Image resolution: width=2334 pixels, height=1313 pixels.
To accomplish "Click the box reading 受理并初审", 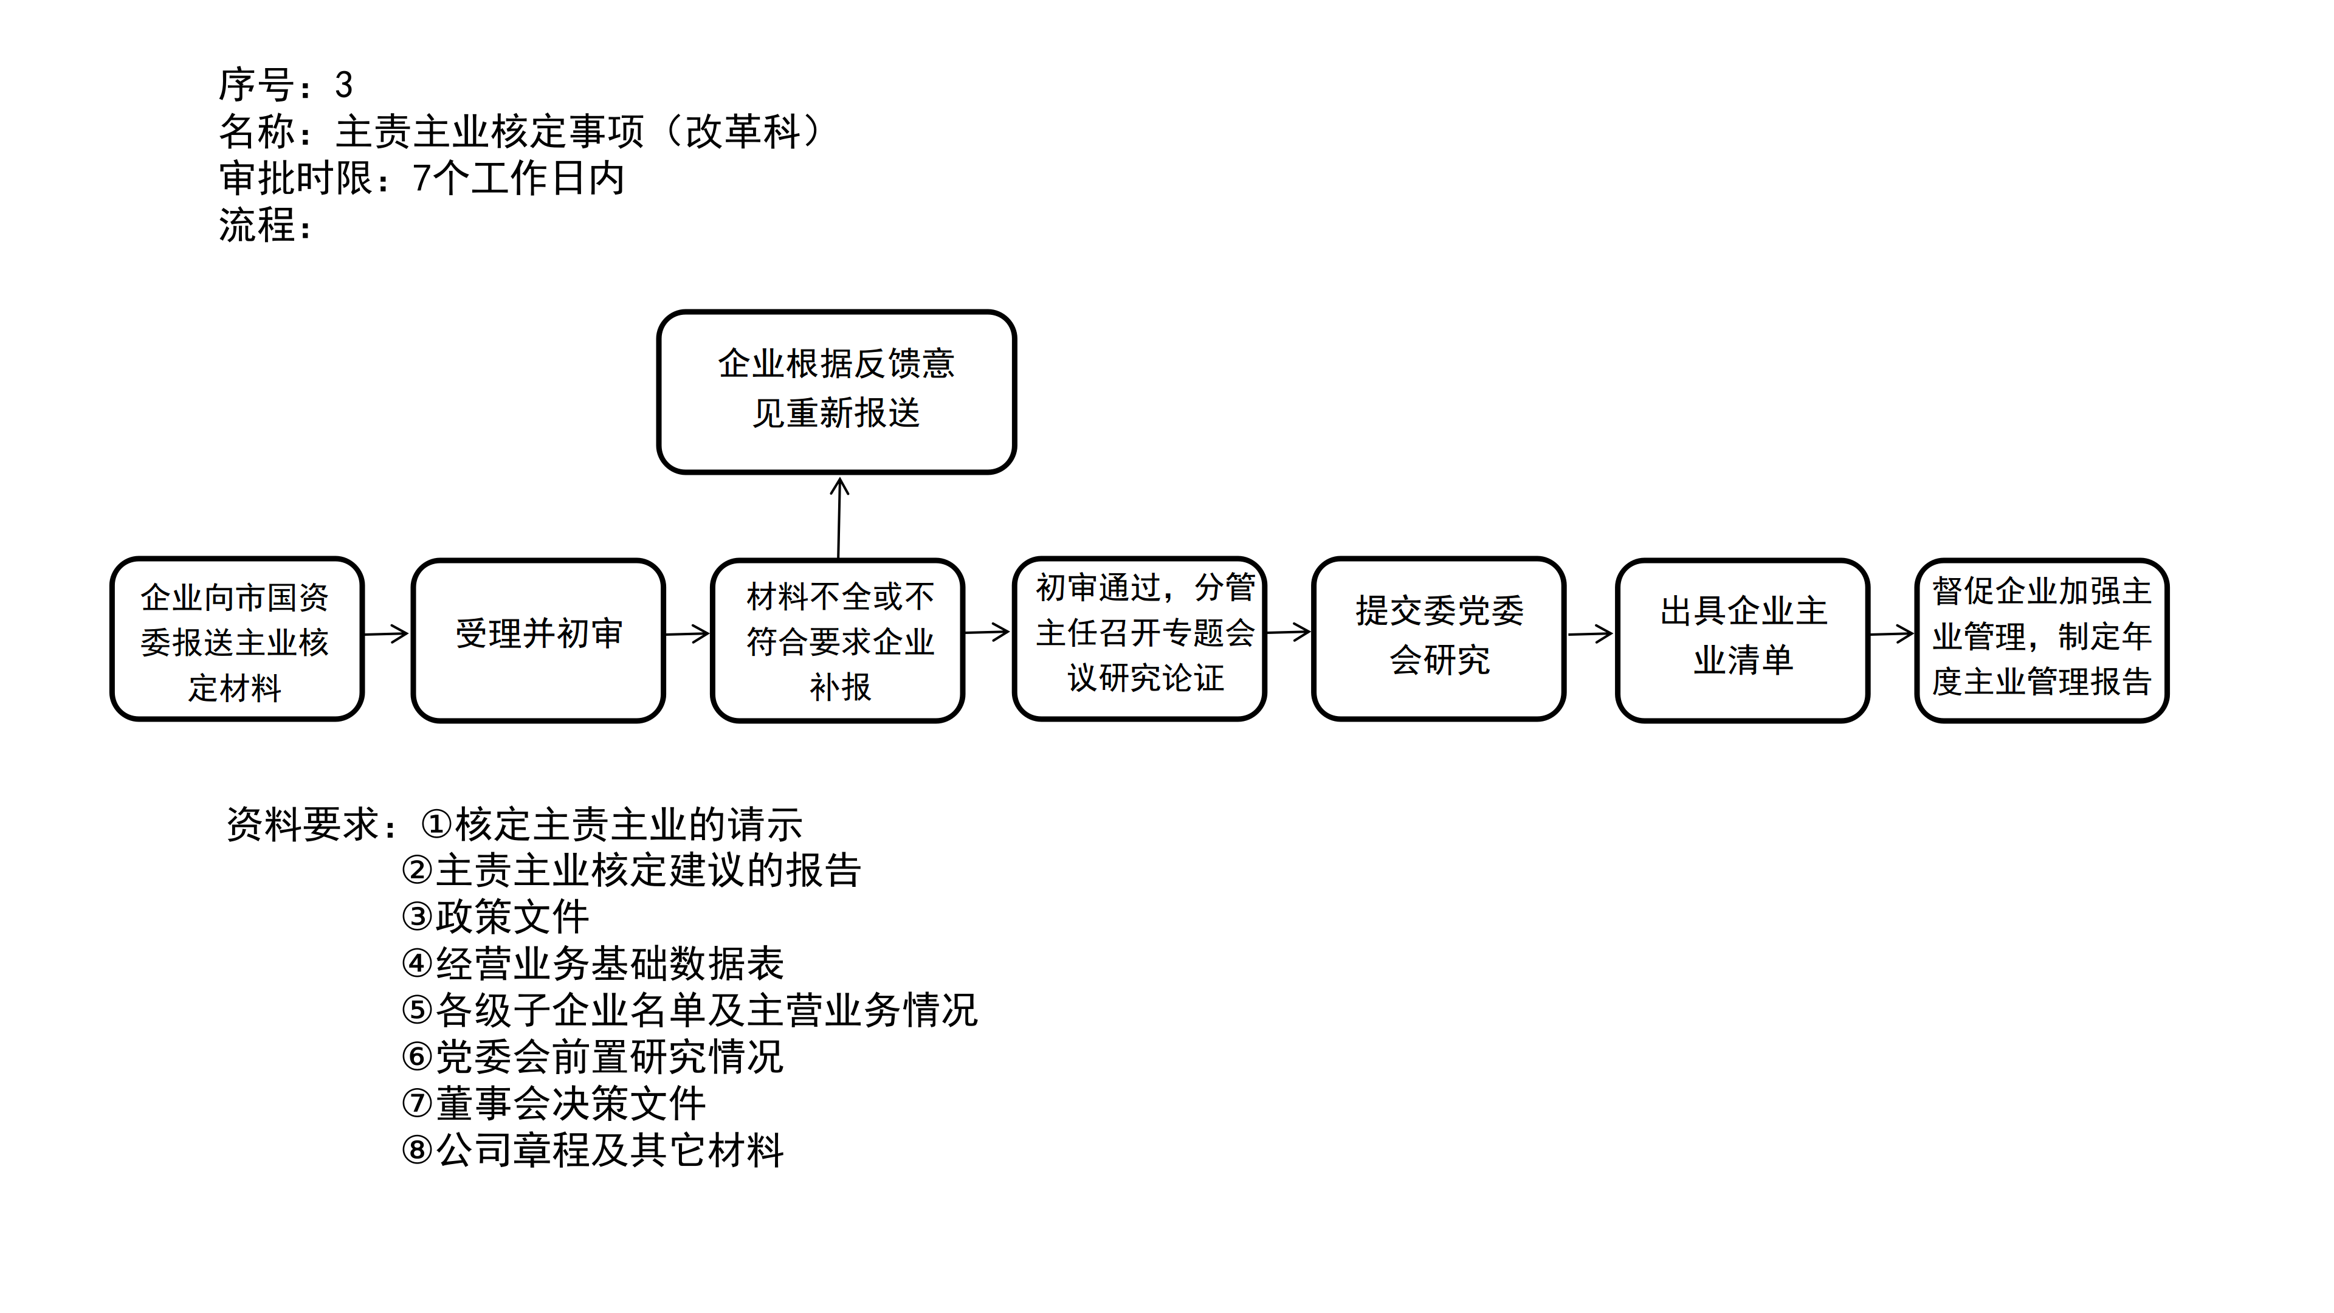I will (x=538, y=639).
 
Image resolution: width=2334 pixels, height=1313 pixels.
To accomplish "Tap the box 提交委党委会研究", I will (x=1439, y=638).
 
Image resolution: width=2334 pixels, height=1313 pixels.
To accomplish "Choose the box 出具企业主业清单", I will (x=1743, y=639).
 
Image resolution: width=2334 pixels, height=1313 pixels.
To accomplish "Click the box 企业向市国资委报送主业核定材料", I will (x=236, y=639).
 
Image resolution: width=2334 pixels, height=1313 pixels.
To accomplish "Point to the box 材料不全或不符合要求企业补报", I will (x=838, y=639).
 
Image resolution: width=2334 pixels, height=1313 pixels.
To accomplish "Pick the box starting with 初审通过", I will (x=1139, y=638).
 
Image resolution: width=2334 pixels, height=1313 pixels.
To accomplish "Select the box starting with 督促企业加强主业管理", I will (x=2042, y=639).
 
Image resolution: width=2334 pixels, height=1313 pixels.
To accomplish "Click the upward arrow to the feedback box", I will (x=839, y=517).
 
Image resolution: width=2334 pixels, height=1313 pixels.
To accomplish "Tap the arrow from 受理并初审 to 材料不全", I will (x=687, y=633).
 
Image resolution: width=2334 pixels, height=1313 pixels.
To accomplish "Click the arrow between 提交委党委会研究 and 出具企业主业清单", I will (x=1590, y=633).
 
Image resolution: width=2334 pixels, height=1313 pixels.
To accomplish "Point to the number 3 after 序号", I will (x=343, y=85).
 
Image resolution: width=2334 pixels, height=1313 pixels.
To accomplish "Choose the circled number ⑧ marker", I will (x=417, y=1150).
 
